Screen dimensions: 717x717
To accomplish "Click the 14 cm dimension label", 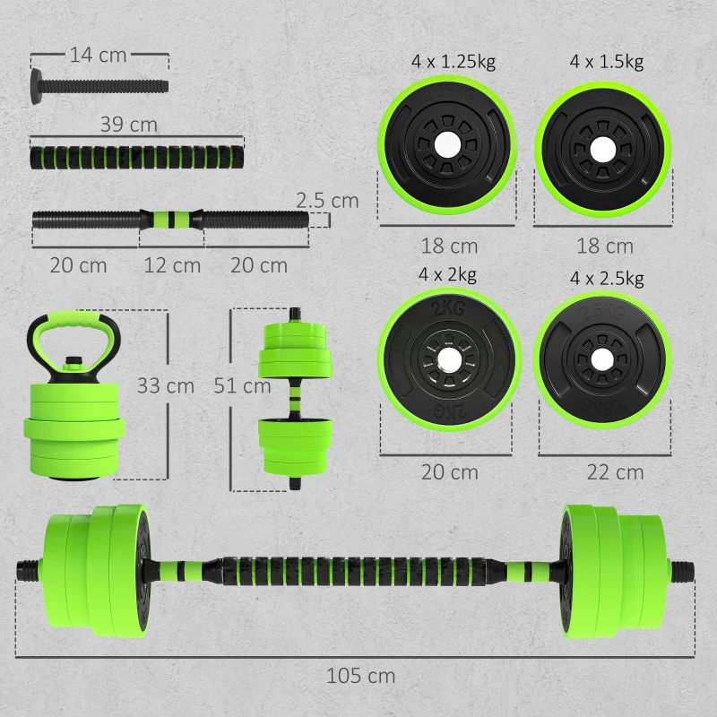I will click(x=99, y=56).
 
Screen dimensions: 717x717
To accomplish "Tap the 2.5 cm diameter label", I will click(x=328, y=200).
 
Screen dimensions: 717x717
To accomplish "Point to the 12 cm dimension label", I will click(x=172, y=265).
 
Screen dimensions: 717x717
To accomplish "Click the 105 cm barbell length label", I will click(x=361, y=676).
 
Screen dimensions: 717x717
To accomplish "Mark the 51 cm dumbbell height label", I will click(x=242, y=385).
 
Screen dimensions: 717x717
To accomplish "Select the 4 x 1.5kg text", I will click(x=607, y=62).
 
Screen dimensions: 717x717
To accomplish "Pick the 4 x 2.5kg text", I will click(x=607, y=279).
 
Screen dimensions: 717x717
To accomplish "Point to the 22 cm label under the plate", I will click(x=616, y=471).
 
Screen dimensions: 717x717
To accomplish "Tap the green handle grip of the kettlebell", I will click(x=91, y=319).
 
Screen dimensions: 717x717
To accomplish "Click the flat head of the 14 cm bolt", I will click(x=36, y=87).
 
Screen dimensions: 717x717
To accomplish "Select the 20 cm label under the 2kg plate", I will click(x=450, y=471).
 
